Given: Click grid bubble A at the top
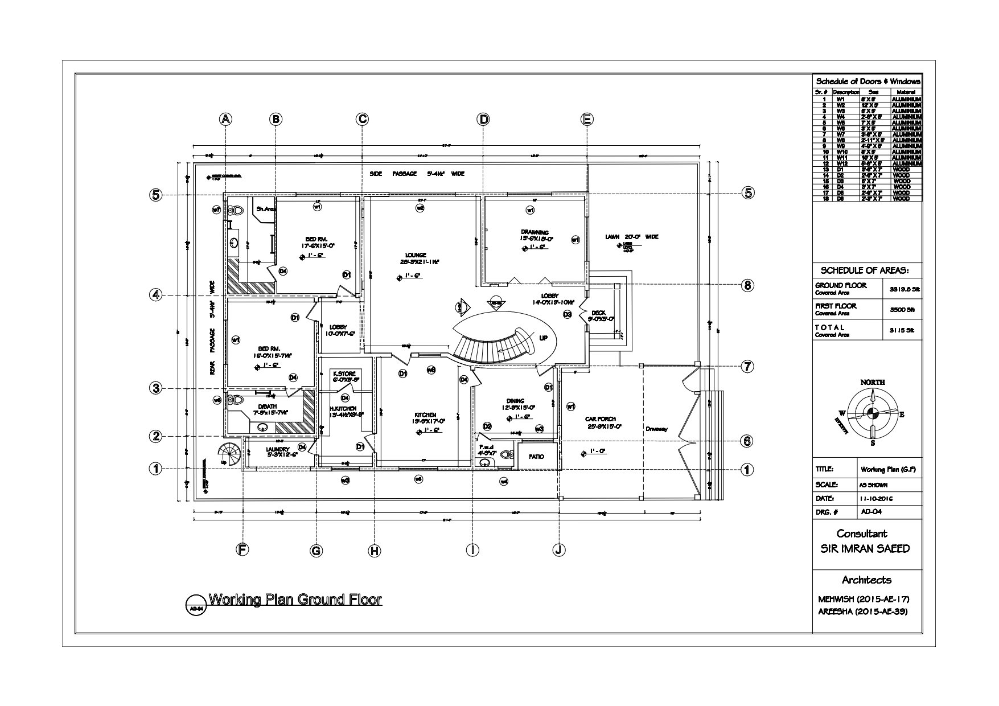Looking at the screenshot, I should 226,119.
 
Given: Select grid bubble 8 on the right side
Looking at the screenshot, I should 747,285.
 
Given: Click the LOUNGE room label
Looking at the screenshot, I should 416,255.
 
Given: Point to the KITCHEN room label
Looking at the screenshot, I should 425,414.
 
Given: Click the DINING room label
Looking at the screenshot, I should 515,401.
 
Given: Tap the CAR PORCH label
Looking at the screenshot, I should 601,419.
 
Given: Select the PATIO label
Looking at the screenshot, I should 536,457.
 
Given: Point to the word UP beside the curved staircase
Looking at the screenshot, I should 544,338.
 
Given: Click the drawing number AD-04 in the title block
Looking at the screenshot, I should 869,511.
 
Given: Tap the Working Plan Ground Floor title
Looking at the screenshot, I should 295,600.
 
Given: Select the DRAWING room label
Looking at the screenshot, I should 535,232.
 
